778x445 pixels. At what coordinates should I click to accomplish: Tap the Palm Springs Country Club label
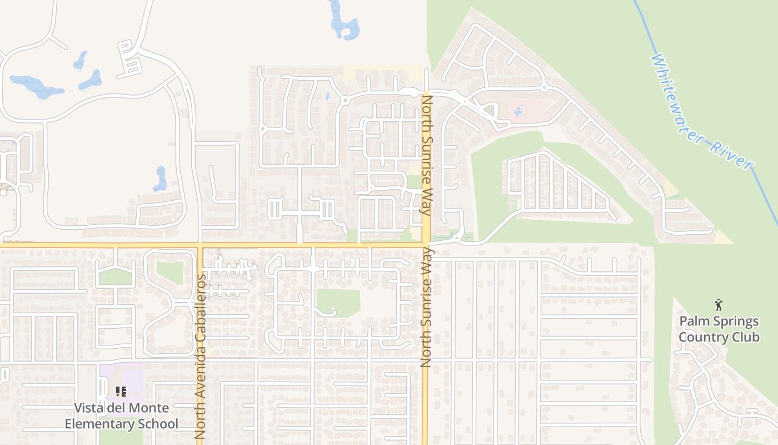719,329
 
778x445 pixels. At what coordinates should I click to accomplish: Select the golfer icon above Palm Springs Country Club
719,305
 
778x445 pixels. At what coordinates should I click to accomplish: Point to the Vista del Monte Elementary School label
122,416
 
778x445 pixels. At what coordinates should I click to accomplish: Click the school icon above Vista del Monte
121,392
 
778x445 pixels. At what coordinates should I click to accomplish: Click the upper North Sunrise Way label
427,156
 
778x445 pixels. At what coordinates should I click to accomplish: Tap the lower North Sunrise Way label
426,309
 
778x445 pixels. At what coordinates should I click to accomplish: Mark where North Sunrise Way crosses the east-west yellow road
426,244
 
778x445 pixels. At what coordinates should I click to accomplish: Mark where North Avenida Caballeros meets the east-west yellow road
201,244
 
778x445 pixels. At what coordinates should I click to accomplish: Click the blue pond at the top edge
343,22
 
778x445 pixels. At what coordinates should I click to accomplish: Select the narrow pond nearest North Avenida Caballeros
161,179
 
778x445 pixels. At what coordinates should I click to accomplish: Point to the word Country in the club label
704,337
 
